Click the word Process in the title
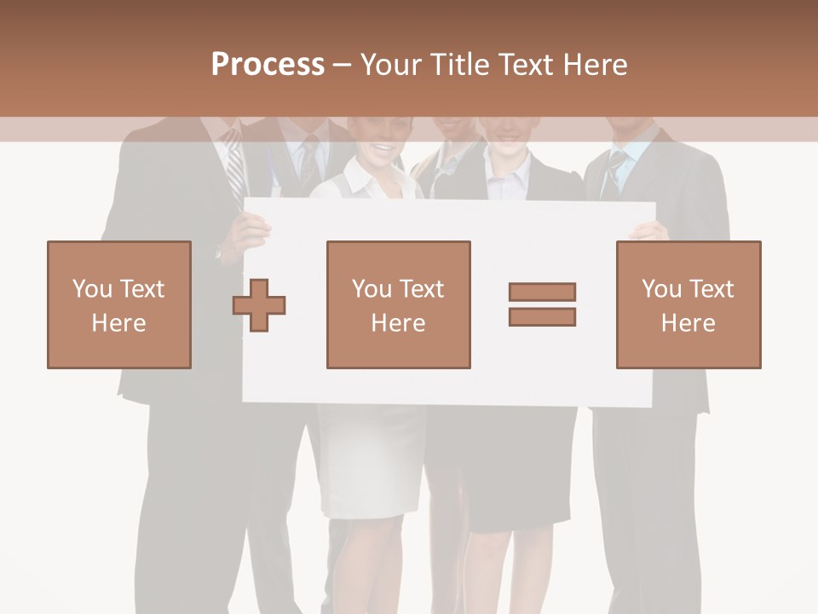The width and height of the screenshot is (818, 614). click(x=268, y=64)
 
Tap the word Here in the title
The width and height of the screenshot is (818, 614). click(x=594, y=64)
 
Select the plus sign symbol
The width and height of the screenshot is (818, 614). click(x=259, y=304)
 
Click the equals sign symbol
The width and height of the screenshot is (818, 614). click(x=542, y=304)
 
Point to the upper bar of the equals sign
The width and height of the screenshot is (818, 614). click(x=542, y=292)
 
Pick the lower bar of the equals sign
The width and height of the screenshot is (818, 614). click(x=542, y=317)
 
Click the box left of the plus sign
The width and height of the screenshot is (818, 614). click(x=119, y=304)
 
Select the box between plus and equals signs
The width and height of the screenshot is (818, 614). click(x=398, y=304)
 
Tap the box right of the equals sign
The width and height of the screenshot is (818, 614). click(x=688, y=304)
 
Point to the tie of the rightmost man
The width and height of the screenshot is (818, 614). click(x=613, y=174)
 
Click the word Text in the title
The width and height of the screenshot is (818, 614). click(x=527, y=64)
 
